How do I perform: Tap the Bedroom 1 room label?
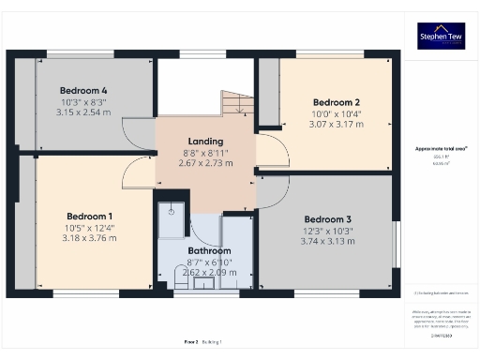click(x=90, y=215)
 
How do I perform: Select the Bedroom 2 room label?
click(x=337, y=101)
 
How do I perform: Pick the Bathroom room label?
click(x=208, y=251)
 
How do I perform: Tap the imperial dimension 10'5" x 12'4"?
click(x=90, y=227)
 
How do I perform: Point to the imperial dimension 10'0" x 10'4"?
click(x=337, y=113)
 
